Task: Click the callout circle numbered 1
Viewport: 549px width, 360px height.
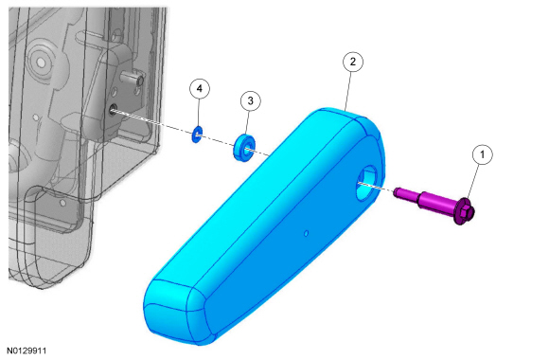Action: [x=482, y=154]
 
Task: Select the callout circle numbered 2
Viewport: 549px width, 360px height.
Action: [x=352, y=62]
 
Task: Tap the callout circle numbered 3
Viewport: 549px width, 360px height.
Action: [x=250, y=101]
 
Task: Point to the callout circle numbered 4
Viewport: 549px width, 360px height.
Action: [x=200, y=89]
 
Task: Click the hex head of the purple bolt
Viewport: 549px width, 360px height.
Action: [x=465, y=210]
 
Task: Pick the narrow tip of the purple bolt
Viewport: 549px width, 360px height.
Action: [x=397, y=192]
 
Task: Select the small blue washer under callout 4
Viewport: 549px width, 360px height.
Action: [x=197, y=135]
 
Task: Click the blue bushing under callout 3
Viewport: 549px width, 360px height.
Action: [x=244, y=148]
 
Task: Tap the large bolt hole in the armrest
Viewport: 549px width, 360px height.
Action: [x=366, y=183]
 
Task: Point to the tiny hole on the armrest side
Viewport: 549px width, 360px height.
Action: [x=306, y=233]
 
